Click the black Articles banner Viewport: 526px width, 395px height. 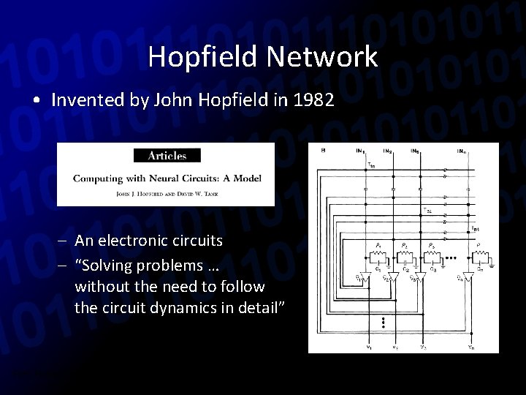167,155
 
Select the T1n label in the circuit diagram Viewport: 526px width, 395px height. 370,166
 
